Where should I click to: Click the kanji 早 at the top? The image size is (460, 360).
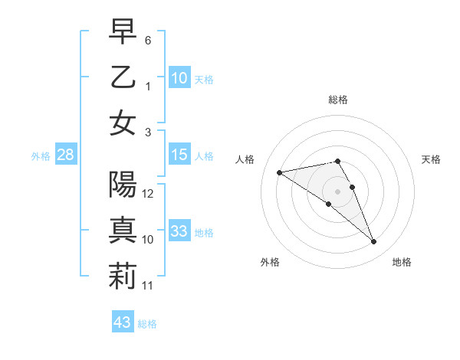click(123, 31)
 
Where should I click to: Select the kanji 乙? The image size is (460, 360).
click(123, 77)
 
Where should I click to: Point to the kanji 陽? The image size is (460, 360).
click(123, 185)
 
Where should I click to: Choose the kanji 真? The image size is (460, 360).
click(123, 231)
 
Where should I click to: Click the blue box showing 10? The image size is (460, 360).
click(179, 77)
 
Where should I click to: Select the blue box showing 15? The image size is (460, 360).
click(179, 155)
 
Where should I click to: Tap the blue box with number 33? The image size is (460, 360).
click(179, 231)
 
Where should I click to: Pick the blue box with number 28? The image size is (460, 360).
click(66, 155)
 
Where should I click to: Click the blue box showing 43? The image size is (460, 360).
click(123, 322)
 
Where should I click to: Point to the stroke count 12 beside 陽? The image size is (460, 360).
click(149, 194)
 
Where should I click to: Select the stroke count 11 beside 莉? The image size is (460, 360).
click(149, 285)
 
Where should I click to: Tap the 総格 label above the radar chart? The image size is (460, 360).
click(338, 100)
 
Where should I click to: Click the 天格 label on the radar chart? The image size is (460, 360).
click(431, 159)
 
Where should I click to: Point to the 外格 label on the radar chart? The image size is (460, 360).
click(269, 263)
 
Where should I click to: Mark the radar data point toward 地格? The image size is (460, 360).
click(374, 242)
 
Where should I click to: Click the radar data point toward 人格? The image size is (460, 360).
click(280, 172)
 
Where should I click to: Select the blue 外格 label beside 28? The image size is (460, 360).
click(41, 156)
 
